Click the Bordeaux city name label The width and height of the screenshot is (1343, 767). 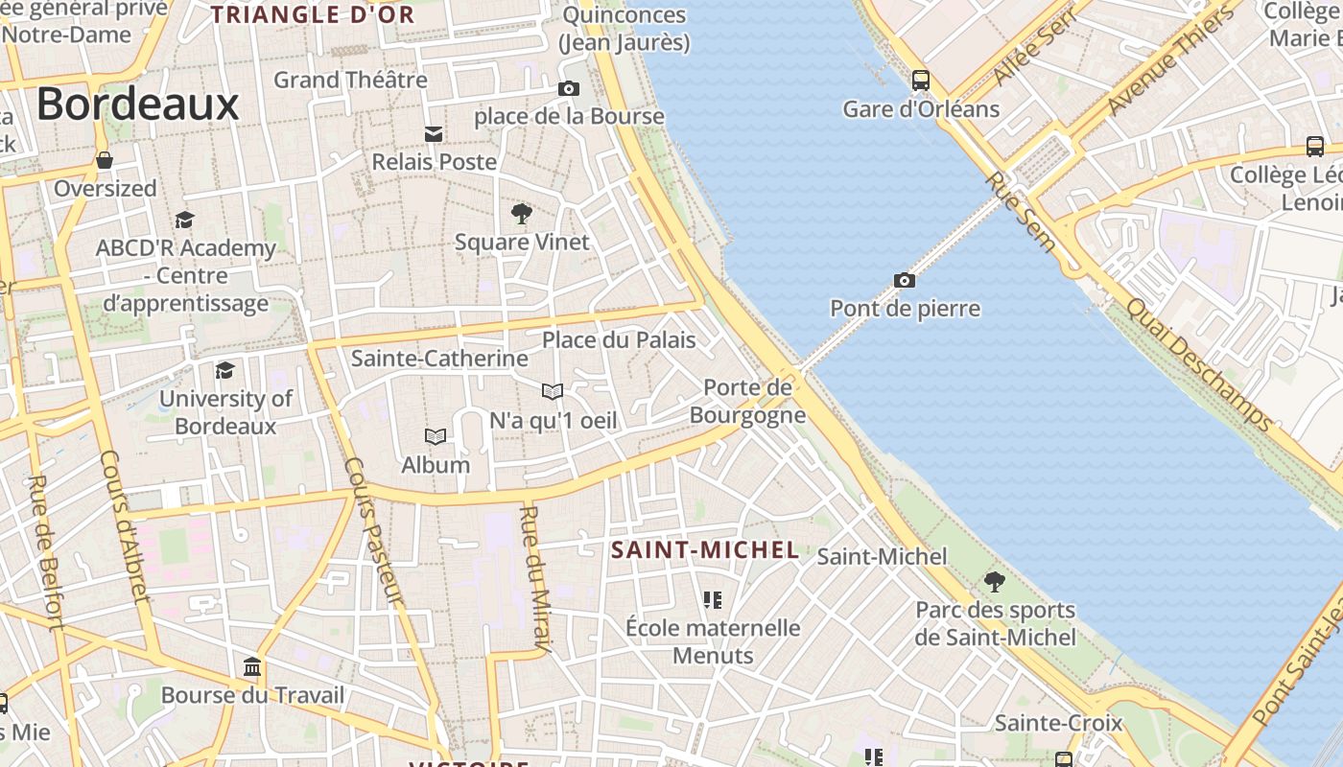137,104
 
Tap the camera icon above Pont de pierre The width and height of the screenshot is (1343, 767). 904,280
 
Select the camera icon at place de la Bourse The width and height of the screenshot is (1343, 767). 569,89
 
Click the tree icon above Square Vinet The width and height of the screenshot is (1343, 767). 522,213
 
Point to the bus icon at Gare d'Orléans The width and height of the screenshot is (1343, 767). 921,81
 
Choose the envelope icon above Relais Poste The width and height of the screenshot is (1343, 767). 434,133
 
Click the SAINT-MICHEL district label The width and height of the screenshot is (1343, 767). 705,550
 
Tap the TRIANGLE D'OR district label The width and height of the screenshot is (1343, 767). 313,14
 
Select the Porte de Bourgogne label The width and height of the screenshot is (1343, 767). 747,401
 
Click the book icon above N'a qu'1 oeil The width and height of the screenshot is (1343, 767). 553,391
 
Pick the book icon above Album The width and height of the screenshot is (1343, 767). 436,437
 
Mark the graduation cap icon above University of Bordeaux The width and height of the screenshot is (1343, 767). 225,370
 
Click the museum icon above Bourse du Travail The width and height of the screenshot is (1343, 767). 252,666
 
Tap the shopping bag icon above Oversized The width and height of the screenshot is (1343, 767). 105,160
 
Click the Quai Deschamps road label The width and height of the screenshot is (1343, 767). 1199,364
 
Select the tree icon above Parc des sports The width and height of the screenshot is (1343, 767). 995,581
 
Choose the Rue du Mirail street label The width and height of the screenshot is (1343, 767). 534,580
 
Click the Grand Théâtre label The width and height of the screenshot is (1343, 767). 350,80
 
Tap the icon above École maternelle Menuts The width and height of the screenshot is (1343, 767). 712,600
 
